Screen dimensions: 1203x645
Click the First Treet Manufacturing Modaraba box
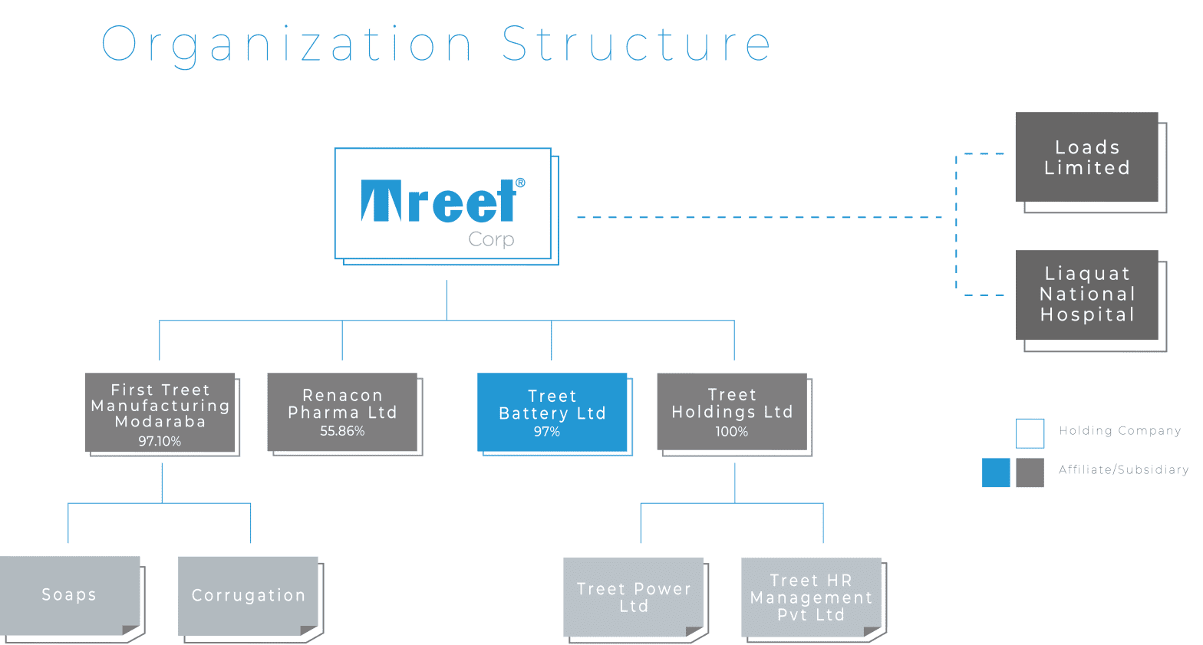click(160, 413)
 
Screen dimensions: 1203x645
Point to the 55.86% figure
click(342, 431)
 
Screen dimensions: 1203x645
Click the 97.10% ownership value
click(160, 442)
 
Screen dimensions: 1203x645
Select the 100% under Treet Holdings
click(731, 432)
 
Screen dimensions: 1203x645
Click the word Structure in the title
click(637, 44)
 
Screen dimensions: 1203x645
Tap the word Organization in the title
click(287, 46)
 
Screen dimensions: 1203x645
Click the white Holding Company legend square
click(1030, 433)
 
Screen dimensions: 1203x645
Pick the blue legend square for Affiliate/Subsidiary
click(996, 472)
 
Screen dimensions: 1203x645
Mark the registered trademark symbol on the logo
click(520, 183)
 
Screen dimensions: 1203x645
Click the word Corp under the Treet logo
click(491, 239)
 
